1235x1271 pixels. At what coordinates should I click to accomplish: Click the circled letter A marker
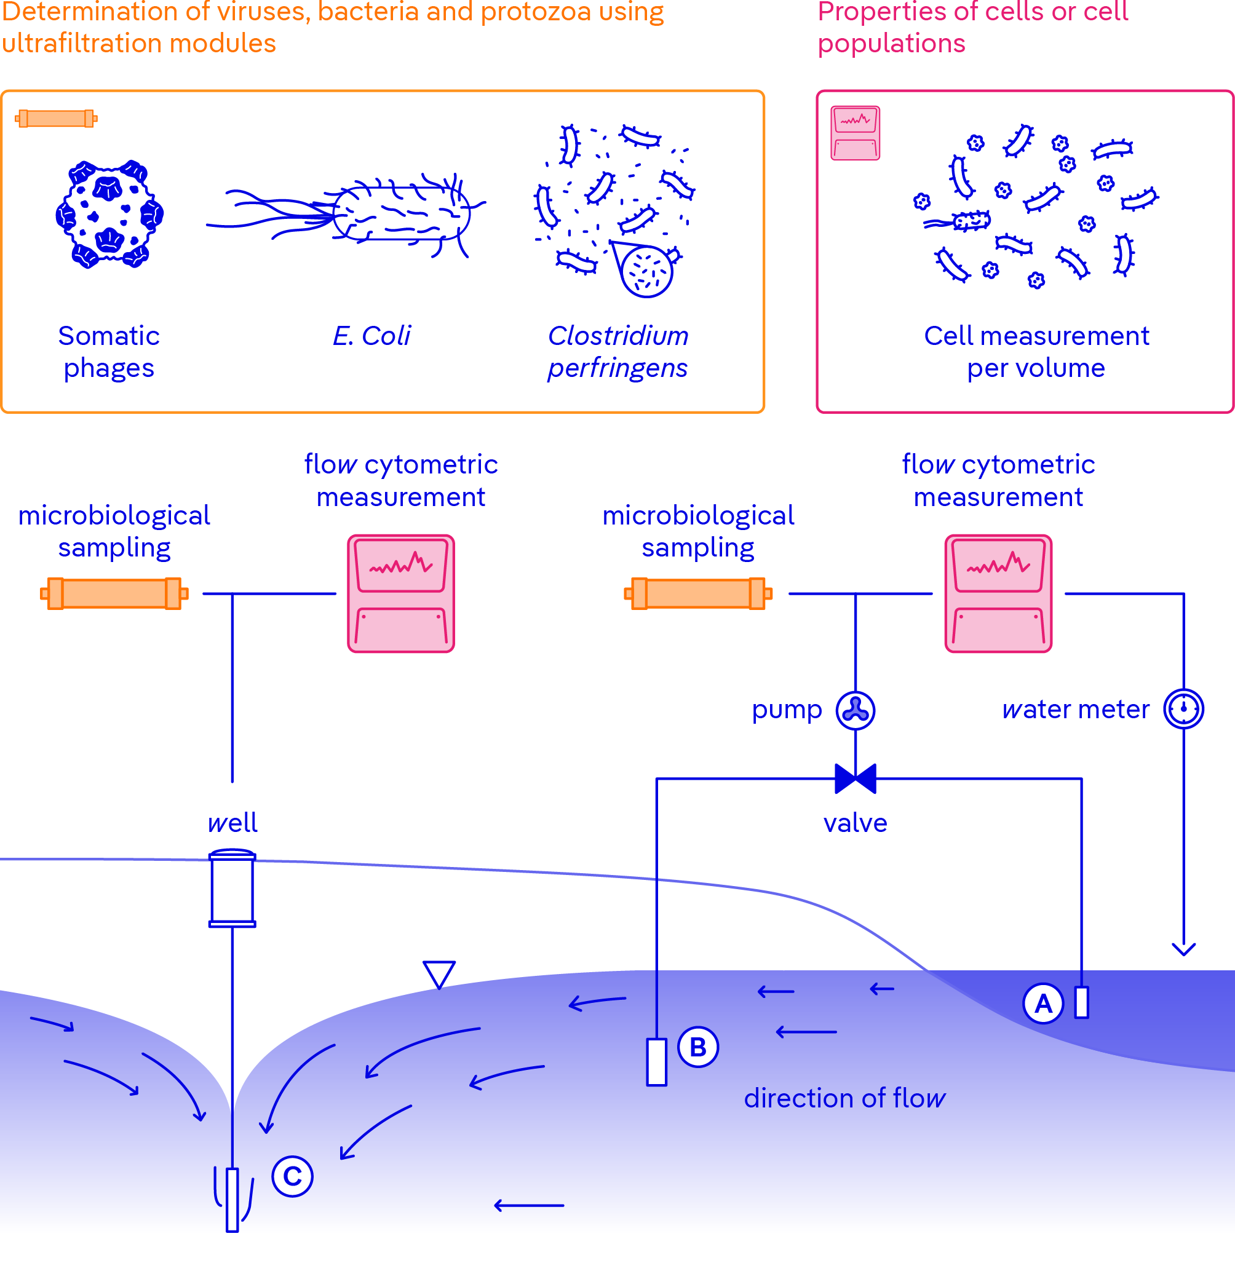tap(1043, 1004)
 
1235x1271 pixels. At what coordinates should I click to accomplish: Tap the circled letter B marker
tap(698, 1047)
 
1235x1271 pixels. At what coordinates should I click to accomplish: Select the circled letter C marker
tap(293, 1176)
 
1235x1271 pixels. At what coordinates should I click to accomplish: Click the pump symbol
tap(856, 710)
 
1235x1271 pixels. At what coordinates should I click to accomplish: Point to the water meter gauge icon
tap(1184, 709)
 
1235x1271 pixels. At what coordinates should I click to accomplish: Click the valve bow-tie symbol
tap(856, 779)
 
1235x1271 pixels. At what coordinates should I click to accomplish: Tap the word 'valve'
tap(856, 823)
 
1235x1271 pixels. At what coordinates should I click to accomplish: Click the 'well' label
tap(232, 823)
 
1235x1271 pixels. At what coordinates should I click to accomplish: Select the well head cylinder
tap(232, 889)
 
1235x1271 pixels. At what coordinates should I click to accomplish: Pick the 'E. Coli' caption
tap(371, 336)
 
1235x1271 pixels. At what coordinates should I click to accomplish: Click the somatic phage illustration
tap(109, 214)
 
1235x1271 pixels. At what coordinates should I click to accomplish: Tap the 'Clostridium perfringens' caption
tap(617, 352)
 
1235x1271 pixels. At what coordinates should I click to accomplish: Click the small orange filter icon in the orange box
tap(57, 119)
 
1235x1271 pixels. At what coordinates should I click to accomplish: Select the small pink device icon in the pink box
tap(856, 133)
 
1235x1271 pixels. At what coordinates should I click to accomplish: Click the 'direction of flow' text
tap(844, 1098)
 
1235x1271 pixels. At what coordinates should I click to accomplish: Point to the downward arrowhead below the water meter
tap(1184, 949)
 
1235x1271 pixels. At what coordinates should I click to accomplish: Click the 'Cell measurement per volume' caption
tap(1036, 352)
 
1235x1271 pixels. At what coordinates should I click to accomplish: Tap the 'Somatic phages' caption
tap(109, 352)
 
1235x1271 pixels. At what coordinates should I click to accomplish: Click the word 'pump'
tap(787, 710)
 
